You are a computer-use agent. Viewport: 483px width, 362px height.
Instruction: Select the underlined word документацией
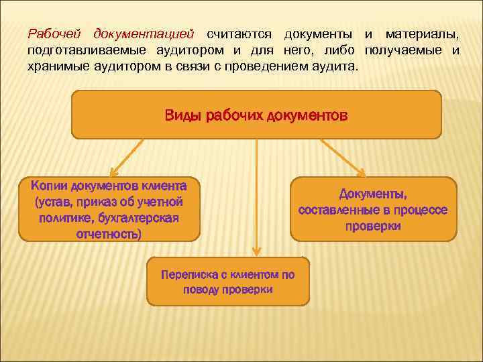click(144, 33)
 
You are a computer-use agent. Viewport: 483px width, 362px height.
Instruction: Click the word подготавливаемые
click(83, 50)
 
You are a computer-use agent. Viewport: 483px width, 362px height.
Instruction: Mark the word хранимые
click(58, 68)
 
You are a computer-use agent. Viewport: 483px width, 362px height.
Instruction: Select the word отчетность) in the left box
click(109, 234)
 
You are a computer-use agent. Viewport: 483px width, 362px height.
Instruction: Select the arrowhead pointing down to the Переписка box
click(255, 251)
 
